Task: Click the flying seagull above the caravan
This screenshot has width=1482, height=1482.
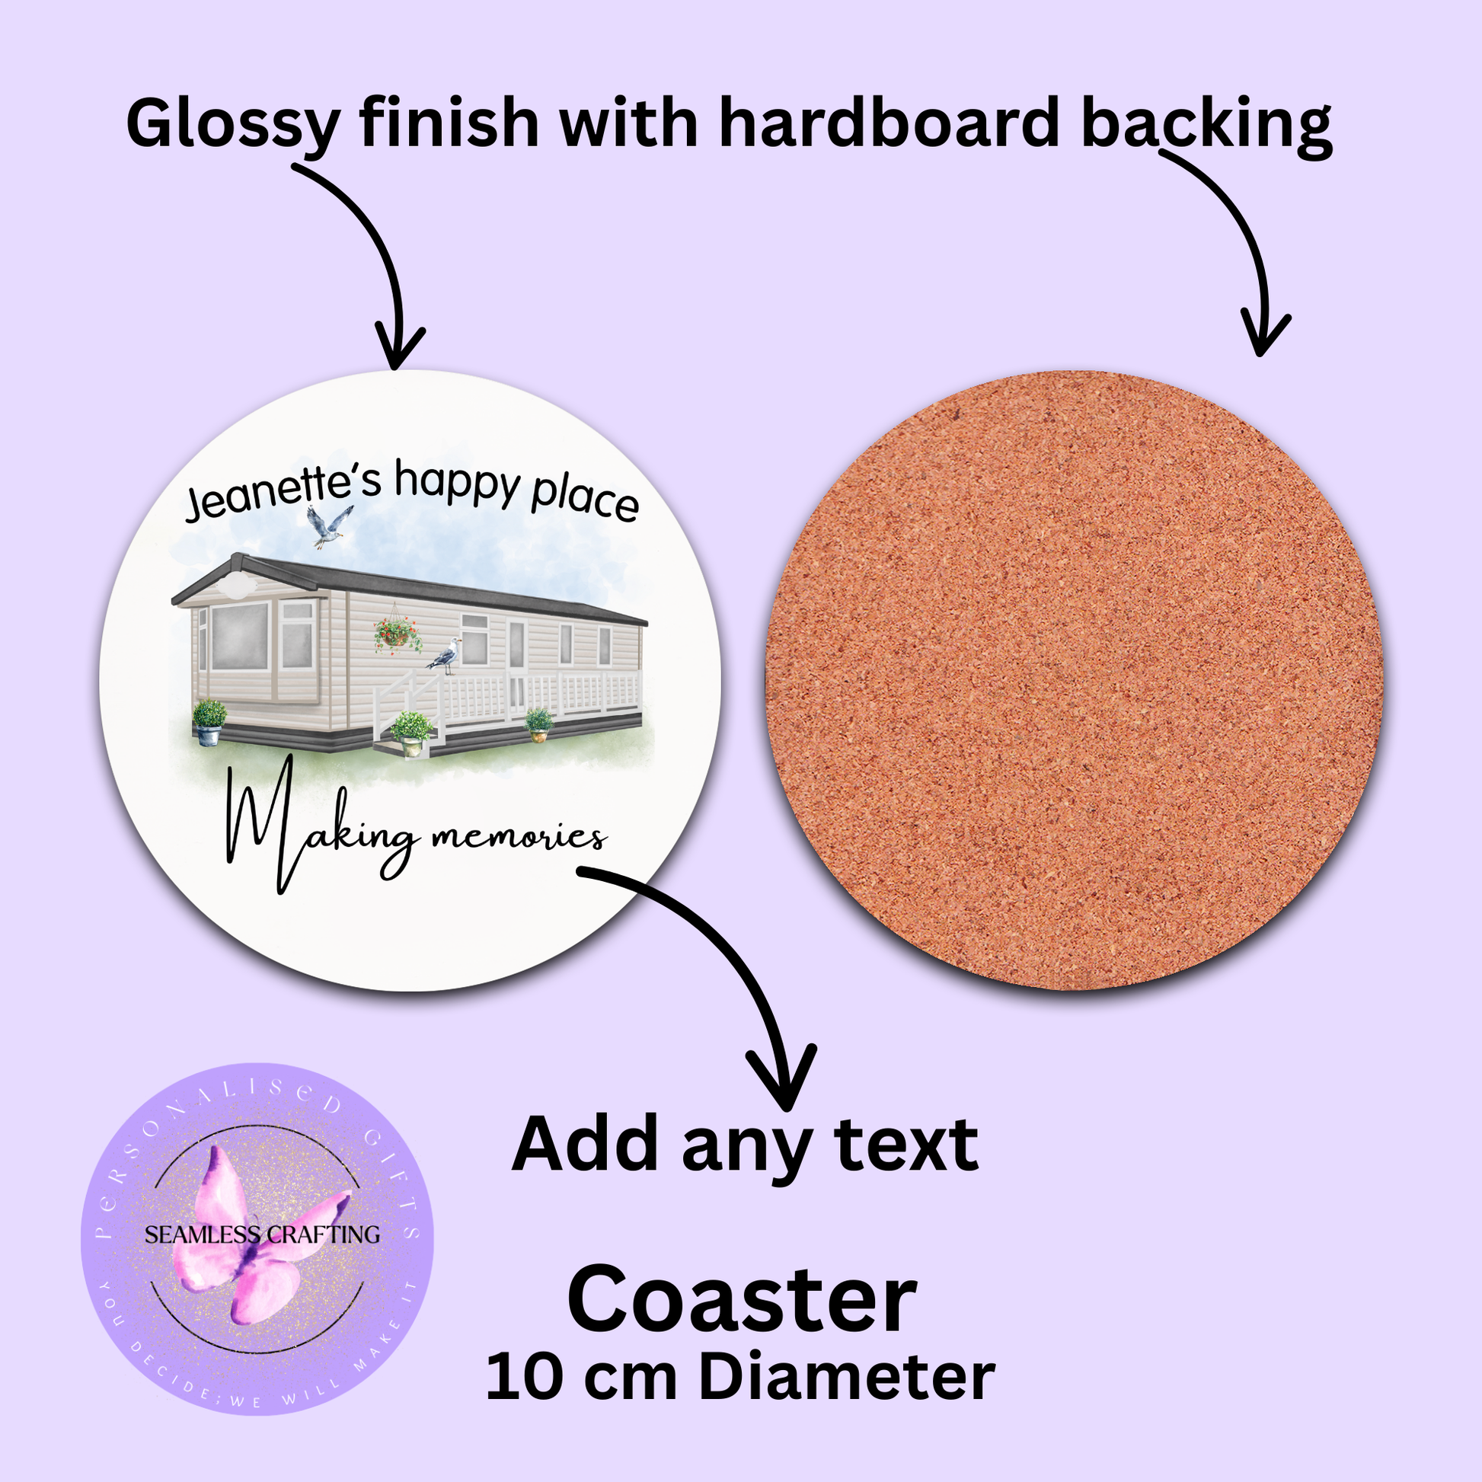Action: click(x=329, y=525)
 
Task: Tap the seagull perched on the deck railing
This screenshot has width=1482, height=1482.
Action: click(x=446, y=656)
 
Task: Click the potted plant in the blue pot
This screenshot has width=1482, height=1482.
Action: click(x=209, y=722)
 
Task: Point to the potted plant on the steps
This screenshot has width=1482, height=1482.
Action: click(x=411, y=733)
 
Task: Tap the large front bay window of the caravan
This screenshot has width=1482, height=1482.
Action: click(x=240, y=636)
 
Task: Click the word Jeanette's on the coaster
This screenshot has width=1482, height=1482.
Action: click(x=283, y=491)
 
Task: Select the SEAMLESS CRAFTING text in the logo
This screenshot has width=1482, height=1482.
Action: click(x=262, y=1234)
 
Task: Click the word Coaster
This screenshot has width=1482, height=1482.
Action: click(x=742, y=1300)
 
